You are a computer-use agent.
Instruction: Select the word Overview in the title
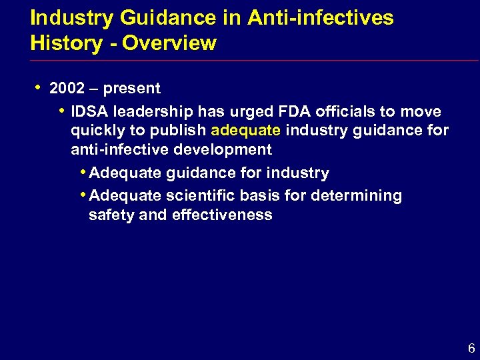[x=169, y=43]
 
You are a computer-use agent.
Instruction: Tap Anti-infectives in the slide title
[x=321, y=18]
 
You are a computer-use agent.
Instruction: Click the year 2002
[x=67, y=89]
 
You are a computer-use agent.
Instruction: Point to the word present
[x=133, y=89]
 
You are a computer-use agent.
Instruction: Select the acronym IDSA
[x=91, y=111]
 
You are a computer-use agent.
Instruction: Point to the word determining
[x=362, y=196]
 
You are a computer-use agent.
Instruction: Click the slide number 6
[x=471, y=348]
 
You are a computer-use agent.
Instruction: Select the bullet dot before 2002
[x=39, y=87]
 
